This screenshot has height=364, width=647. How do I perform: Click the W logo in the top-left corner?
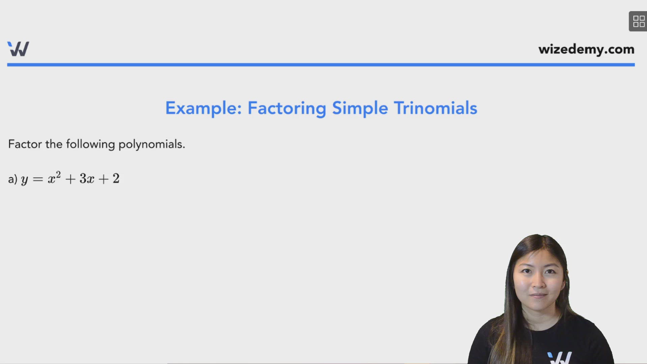pyautogui.click(x=18, y=49)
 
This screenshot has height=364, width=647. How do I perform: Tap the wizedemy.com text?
pyautogui.click(x=586, y=49)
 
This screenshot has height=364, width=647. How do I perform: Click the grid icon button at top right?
pyautogui.click(x=638, y=21)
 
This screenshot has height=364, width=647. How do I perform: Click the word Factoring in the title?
pyautogui.click(x=286, y=108)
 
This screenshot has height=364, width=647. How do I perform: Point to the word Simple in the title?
pyautogui.click(x=360, y=108)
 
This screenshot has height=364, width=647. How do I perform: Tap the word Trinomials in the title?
pyautogui.click(x=435, y=108)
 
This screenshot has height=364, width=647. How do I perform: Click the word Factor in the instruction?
pyautogui.click(x=25, y=144)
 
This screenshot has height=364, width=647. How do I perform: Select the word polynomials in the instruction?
pyautogui.click(x=151, y=144)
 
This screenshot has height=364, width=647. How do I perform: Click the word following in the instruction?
pyautogui.click(x=90, y=144)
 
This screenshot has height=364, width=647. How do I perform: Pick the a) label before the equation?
pyautogui.click(x=12, y=179)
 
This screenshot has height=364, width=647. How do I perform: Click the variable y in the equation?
pyautogui.click(x=24, y=179)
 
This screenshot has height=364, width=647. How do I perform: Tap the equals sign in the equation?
pyautogui.click(x=38, y=179)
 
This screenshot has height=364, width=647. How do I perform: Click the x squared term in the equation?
pyautogui.click(x=54, y=178)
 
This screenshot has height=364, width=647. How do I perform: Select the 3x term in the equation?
pyautogui.click(x=87, y=179)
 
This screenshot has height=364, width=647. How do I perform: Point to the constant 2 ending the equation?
pyautogui.click(x=116, y=178)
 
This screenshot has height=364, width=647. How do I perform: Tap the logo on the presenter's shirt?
pyautogui.click(x=559, y=357)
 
